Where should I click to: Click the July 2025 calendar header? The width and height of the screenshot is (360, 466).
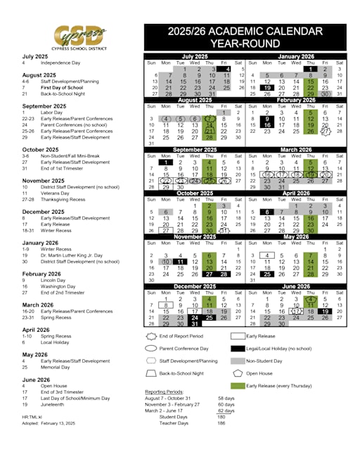[197, 56]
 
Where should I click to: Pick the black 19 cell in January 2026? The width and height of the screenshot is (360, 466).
[267, 88]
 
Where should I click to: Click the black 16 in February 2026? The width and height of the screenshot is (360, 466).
[267, 124]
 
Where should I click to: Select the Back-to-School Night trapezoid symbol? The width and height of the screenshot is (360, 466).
[150, 373]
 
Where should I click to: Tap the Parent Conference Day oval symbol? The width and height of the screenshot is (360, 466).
[150, 348]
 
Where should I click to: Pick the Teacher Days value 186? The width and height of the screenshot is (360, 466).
[221, 423]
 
